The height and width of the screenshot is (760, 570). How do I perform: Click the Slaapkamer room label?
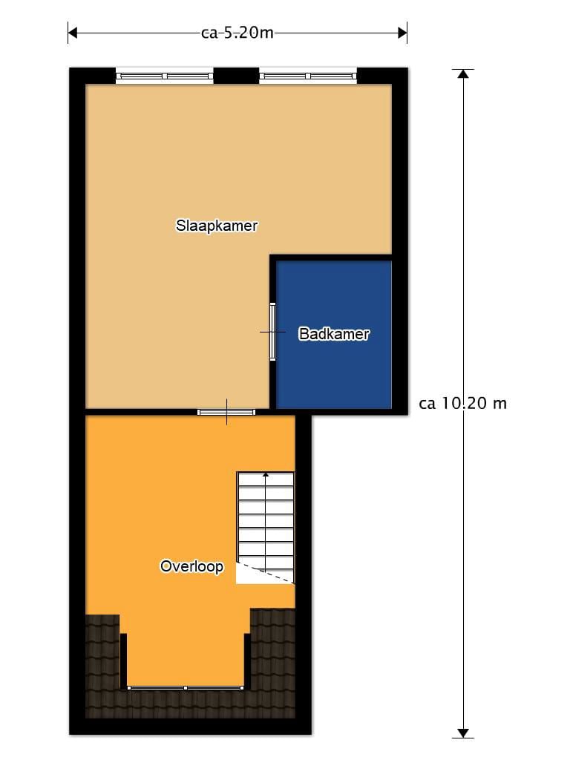[x=216, y=226]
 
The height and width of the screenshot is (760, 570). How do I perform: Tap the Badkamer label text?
[x=334, y=333]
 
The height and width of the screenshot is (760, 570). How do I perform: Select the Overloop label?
[x=191, y=566]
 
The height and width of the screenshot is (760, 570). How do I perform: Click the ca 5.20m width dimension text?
[x=237, y=33]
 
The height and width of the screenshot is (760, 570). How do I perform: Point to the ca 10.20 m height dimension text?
[x=463, y=403]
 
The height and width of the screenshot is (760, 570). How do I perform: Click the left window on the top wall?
[x=164, y=76]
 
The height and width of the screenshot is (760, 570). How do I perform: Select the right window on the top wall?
[x=308, y=76]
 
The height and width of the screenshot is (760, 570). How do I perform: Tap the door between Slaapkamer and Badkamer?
[x=273, y=332]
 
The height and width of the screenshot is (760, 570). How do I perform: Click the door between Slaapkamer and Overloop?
[x=226, y=413]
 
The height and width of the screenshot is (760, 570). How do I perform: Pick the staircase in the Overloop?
[x=265, y=528]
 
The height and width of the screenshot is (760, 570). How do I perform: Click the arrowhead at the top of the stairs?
[x=266, y=474]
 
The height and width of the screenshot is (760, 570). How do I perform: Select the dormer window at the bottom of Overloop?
[x=185, y=688]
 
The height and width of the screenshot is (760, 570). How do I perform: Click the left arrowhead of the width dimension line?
[x=73, y=33]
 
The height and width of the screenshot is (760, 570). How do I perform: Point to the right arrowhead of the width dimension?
[x=402, y=33]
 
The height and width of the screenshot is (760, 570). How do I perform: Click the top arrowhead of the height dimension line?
[x=463, y=73]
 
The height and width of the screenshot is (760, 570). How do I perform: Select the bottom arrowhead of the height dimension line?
[x=463, y=733]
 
